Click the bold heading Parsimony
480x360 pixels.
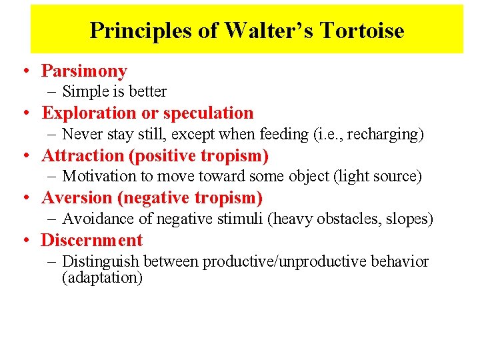[x=84, y=71]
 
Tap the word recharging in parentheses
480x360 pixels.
[x=387, y=135]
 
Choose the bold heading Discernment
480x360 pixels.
[x=92, y=241]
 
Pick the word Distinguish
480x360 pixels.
[x=100, y=262]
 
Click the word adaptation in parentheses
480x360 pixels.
[x=102, y=278]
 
